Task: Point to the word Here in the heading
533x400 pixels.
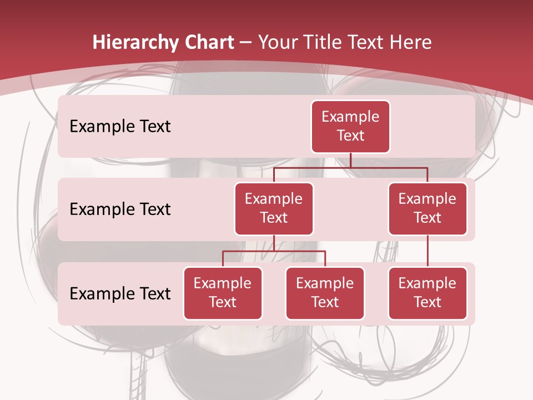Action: (x=410, y=43)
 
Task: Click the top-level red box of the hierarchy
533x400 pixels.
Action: (x=350, y=127)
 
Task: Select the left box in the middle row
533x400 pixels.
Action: (x=274, y=208)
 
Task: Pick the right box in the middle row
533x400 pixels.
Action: (x=428, y=208)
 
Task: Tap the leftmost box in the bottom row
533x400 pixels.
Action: (x=223, y=293)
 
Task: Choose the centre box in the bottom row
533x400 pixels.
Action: (x=325, y=293)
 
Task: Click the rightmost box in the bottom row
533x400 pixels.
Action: (x=428, y=293)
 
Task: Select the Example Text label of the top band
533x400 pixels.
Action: (x=120, y=127)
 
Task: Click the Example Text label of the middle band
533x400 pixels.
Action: (x=120, y=209)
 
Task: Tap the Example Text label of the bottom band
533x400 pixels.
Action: (x=120, y=293)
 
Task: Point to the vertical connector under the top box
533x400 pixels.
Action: (x=350, y=160)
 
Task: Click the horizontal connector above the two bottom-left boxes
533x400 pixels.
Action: (x=274, y=251)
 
